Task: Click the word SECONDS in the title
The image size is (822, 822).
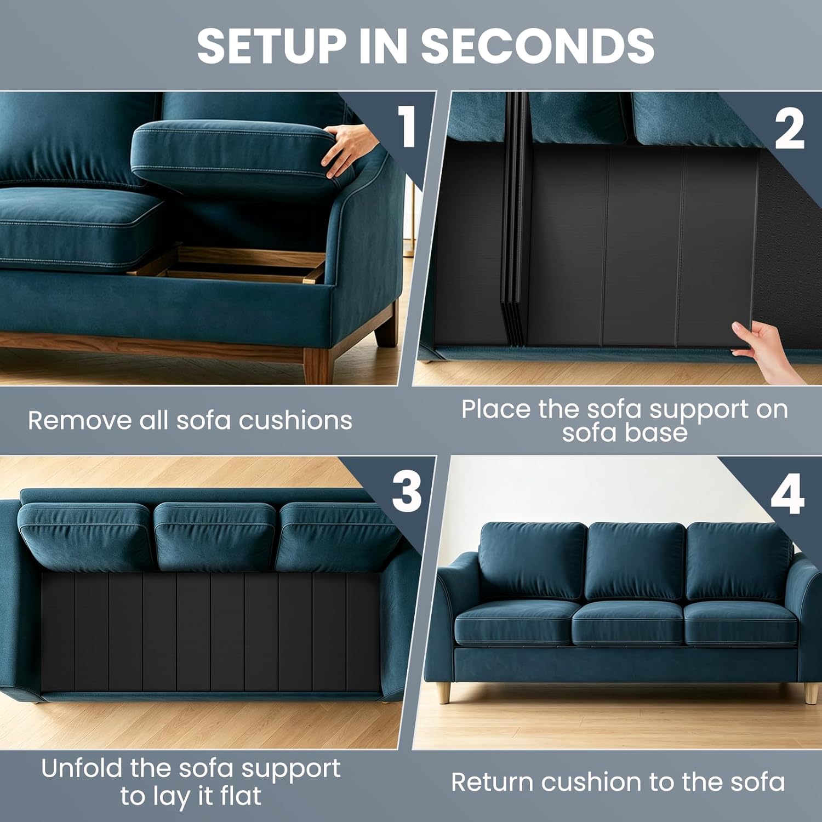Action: tap(538, 45)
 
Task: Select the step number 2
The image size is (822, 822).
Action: tap(789, 129)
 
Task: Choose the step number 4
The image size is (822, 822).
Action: tap(787, 494)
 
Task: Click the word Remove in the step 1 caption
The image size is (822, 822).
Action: tap(79, 421)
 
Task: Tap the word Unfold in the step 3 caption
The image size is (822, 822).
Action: tap(82, 768)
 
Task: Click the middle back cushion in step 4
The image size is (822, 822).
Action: tap(636, 562)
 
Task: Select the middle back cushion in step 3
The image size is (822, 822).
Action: tap(215, 535)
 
